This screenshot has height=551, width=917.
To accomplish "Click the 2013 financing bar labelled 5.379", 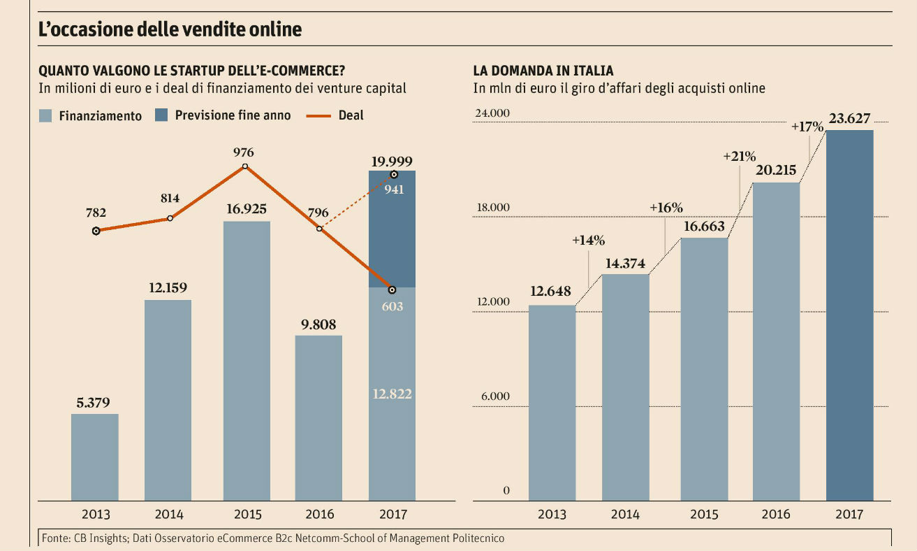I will coord(95,457).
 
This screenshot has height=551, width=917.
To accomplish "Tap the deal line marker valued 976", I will coord(245,166).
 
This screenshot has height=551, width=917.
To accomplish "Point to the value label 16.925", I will coord(247,208).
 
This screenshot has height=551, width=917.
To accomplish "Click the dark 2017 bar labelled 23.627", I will coord(849,315).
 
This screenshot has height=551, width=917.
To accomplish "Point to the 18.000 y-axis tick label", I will coord(493,208).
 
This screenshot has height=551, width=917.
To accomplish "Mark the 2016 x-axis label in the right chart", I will coord(775,515).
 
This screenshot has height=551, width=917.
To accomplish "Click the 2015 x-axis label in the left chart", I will coord(247,515).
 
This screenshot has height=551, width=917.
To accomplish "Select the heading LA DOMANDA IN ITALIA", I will coord(543,71).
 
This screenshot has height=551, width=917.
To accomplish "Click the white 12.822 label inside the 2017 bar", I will coord(392,394).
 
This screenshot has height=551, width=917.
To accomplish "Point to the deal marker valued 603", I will coord(393,289).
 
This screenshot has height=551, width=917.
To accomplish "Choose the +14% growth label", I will coord(588,240).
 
